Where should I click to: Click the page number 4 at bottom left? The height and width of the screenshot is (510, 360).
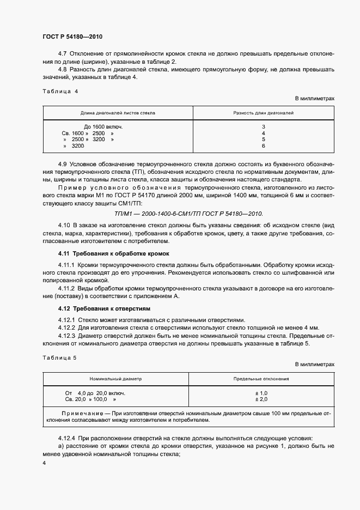[44, 463]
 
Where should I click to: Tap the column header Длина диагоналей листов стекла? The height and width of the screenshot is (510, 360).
[118, 113]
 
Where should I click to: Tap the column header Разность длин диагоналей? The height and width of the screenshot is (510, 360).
[263, 113]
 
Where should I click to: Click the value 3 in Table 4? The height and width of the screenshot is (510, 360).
[263, 126]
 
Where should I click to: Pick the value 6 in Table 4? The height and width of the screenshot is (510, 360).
[263, 146]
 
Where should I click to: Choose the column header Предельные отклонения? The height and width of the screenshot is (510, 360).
[261, 378]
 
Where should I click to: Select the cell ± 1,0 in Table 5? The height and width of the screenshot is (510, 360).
[261, 393]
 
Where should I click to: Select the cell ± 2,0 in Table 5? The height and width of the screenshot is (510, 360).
[261, 399]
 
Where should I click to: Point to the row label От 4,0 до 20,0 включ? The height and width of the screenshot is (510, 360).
[95, 393]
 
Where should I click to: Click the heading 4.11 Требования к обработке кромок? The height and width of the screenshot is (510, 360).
[114, 253]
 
